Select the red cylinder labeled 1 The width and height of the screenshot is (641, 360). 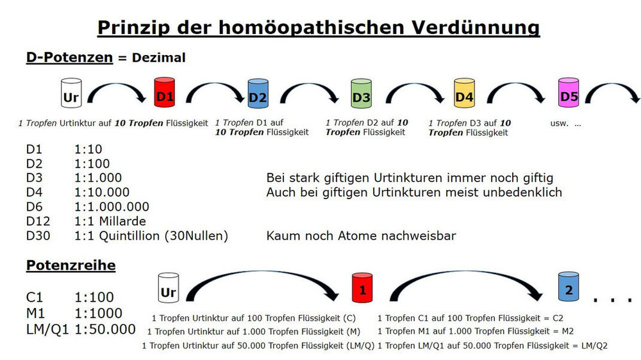pyautogui.click(x=362, y=288)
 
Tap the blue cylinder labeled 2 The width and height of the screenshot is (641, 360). pyautogui.click(x=568, y=288)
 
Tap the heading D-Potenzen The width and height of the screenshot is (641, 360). pyautogui.click(x=69, y=58)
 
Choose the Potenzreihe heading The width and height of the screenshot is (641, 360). pyautogui.click(x=71, y=265)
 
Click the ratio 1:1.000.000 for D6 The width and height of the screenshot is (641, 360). pyautogui.click(x=112, y=207)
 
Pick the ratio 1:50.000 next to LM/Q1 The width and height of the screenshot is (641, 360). pyautogui.click(x=105, y=329)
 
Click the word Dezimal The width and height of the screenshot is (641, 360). pyautogui.click(x=158, y=58)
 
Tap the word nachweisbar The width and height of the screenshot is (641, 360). pyautogui.click(x=419, y=236)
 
